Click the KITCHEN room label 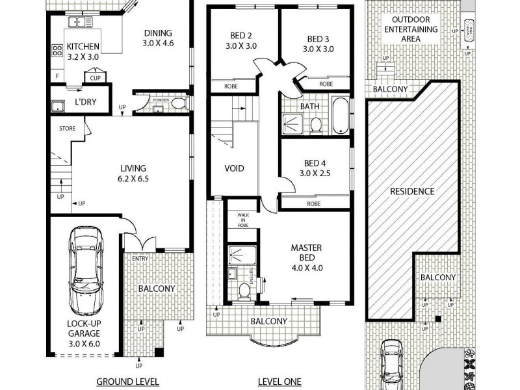point(83,47)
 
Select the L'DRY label point(86,102)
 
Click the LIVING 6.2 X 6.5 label point(133,174)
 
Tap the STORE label point(67,129)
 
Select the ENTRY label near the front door point(140,259)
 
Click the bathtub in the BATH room point(341,116)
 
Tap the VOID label point(234,168)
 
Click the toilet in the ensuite point(244,291)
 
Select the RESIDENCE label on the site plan point(411,192)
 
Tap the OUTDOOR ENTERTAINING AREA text point(411,29)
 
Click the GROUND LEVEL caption point(127,382)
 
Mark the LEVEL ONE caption point(279,382)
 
